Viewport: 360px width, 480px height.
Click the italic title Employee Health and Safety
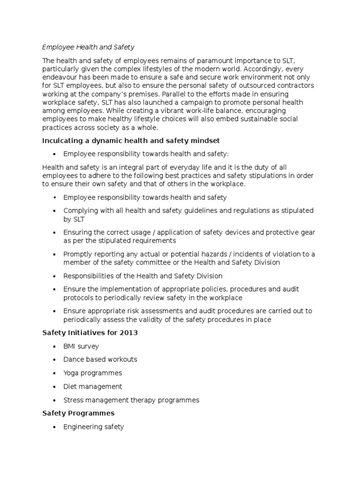pos(88,47)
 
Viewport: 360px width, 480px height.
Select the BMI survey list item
pos(81,346)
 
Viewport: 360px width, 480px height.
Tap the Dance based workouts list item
pos(100,360)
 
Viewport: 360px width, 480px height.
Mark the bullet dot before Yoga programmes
pos(55,373)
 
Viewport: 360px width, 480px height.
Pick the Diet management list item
pos(92,386)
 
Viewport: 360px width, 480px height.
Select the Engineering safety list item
pos(93,427)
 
